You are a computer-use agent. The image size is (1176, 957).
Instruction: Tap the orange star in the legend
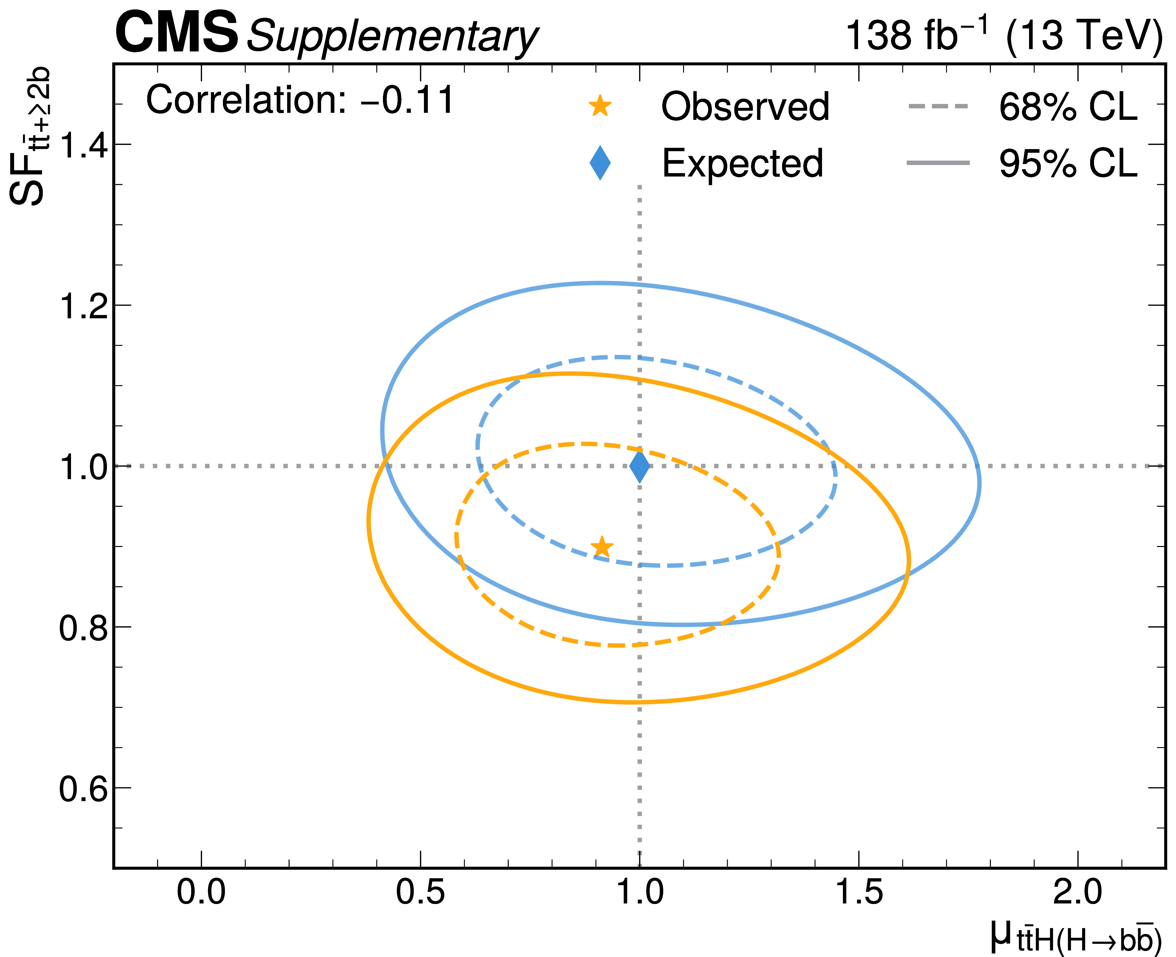pos(600,106)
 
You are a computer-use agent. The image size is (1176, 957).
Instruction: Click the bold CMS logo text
pos(176,34)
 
